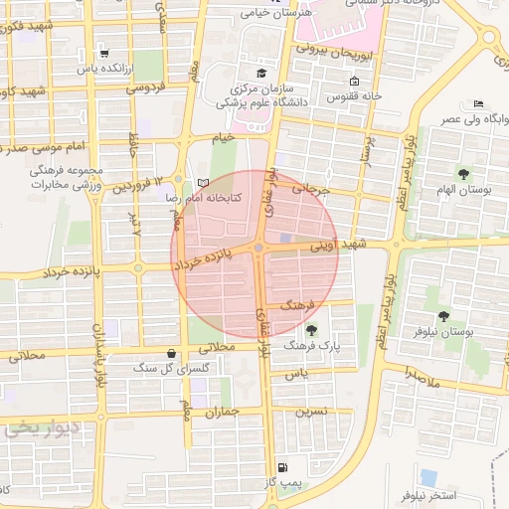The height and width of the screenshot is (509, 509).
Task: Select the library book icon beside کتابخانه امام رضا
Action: pos(204,183)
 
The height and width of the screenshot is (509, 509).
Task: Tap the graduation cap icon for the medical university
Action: pos(261,73)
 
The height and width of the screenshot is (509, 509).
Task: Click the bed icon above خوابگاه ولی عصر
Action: pos(478,104)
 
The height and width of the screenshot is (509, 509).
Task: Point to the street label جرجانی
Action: pos(309,186)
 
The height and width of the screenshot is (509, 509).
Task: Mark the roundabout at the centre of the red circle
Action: pos(258,249)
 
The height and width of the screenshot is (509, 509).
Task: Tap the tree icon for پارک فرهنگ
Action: pos(312,330)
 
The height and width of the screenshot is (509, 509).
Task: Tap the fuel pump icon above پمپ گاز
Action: pos(284,467)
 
